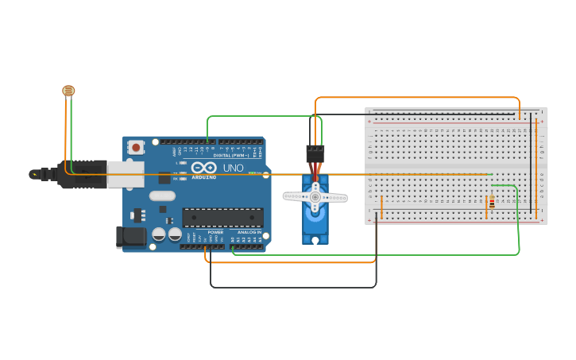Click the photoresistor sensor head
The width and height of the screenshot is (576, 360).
click(x=68, y=91)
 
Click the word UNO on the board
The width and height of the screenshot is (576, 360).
click(x=234, y=168)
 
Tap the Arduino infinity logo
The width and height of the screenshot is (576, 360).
click(x=203, y=168)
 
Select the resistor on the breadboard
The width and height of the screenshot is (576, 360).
click(x=492, y=202)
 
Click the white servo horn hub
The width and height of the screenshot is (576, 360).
click(x=315, y=196)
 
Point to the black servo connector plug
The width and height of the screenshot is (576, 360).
click(x=315, y=153)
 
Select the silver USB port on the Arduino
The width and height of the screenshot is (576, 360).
click(x=126, y=174)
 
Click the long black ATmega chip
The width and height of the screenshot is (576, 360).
click(x=222, y=217)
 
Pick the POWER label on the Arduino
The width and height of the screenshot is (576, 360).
click(x=215, y=232)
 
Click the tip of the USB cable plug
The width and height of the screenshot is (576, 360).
click(x=34, y=174)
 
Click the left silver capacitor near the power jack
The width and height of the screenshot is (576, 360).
click(x=159, y=234)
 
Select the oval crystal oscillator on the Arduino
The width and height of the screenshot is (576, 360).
click(x=162, y=195)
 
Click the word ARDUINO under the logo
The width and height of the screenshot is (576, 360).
click(x=203, y=177)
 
